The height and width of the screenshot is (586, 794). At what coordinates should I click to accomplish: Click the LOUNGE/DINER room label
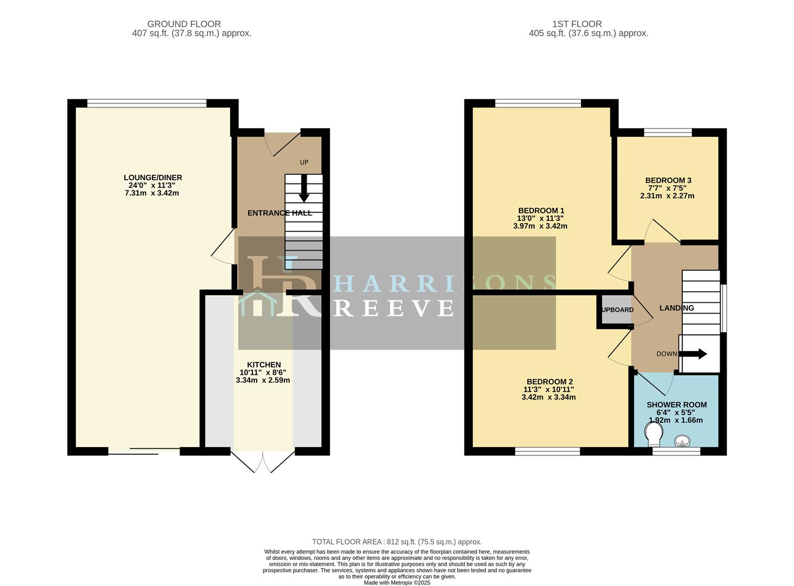[153, 177]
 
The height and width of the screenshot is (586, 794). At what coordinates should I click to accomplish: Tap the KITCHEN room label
[264, 365]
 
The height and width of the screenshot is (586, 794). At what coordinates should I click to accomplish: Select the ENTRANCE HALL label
[280, 213]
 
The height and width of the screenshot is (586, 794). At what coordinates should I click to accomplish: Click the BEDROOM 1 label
[541, 211]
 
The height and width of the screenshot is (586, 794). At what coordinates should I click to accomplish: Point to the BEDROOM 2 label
[549, 381]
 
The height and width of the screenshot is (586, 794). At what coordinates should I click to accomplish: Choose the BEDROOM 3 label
[668, 181]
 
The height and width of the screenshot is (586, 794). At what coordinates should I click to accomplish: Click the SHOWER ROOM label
[676, 405]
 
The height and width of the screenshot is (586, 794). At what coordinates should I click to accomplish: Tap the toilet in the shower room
[654, 434]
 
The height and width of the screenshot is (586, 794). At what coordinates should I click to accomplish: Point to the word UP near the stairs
[304, 162]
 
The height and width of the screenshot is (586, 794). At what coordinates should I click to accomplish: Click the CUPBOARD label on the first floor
[616, 310]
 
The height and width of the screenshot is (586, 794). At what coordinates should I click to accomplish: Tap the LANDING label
[676, 308]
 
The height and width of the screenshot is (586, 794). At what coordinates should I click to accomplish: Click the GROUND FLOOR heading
[184, 24]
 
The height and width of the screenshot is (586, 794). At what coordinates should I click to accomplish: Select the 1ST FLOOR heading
[577, 24]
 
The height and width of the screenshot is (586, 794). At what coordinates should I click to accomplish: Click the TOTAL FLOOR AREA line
[397, 542]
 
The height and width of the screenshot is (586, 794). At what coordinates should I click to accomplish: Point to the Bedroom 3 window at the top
[668, 132]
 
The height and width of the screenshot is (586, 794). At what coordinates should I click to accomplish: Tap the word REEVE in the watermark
[393, 308]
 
